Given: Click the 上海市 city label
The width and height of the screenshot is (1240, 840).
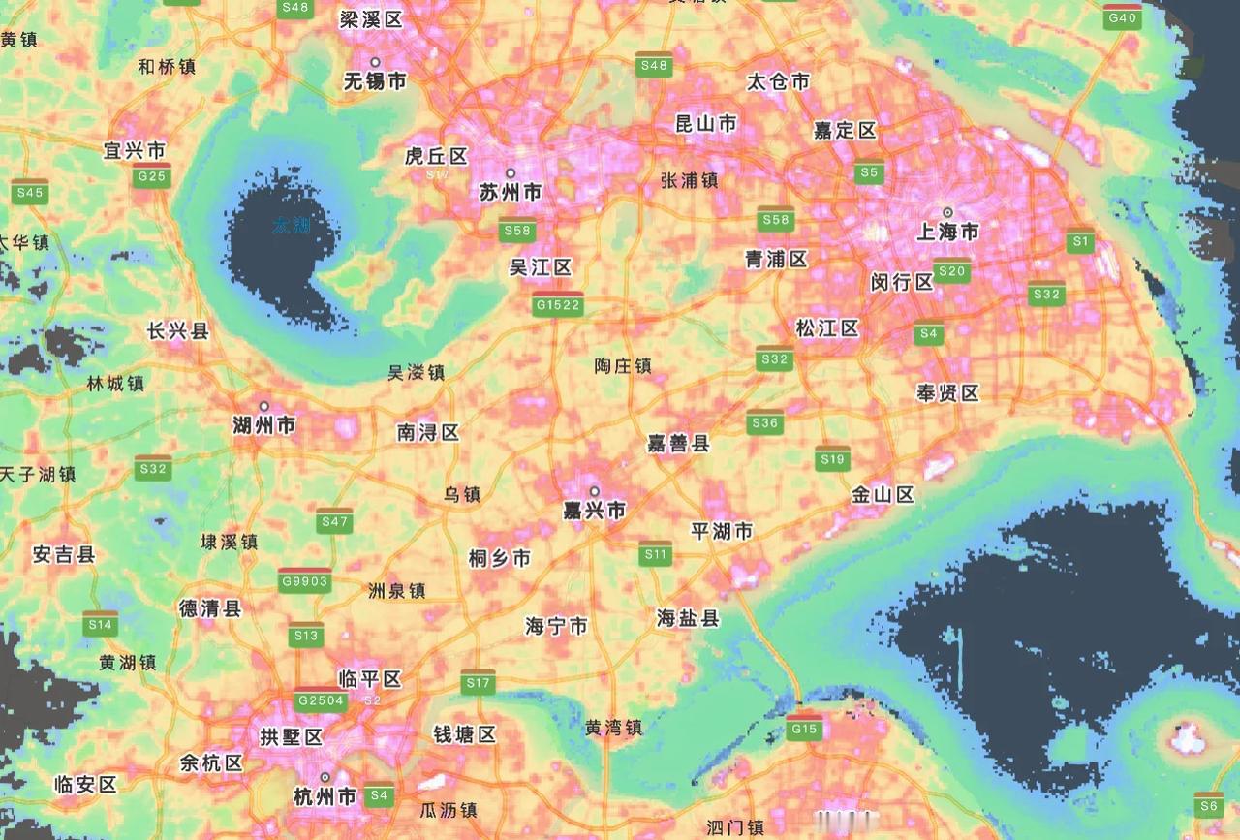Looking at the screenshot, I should pos(947,233).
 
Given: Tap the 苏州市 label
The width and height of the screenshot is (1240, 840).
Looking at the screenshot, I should pos(511,193).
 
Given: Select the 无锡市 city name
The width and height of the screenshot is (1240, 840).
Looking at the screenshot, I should pos(375,81).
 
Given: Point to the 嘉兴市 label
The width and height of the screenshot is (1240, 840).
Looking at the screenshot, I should pos(595,510).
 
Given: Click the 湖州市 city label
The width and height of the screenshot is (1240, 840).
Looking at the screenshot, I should pos(264,424).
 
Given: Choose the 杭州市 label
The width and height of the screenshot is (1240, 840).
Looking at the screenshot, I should pos(325,797).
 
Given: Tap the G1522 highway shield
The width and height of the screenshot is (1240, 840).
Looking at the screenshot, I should pos(558,304).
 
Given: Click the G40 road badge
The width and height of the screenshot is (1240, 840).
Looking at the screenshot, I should pos(1123,16).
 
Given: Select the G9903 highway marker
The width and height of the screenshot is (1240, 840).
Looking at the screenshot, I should pos(304,580).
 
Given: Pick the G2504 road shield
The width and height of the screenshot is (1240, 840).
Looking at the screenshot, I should pos(321,700).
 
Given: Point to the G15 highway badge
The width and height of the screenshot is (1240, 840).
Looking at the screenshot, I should pos(804,728).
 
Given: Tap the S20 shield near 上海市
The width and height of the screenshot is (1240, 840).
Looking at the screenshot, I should pos(952,270).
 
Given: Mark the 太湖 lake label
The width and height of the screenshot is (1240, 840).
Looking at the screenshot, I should pos(291,226).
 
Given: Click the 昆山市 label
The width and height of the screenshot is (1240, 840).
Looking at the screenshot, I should pos(705,123).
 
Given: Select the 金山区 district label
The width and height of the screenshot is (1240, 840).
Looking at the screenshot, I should pos(883,495).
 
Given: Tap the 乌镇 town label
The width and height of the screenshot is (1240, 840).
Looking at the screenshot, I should pos(462,494).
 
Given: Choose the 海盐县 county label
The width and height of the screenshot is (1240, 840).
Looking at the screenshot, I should pos(688,617).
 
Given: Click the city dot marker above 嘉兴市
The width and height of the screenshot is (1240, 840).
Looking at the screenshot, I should pos(595,491).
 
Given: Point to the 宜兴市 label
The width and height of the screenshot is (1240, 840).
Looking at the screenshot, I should pos(135,150).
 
